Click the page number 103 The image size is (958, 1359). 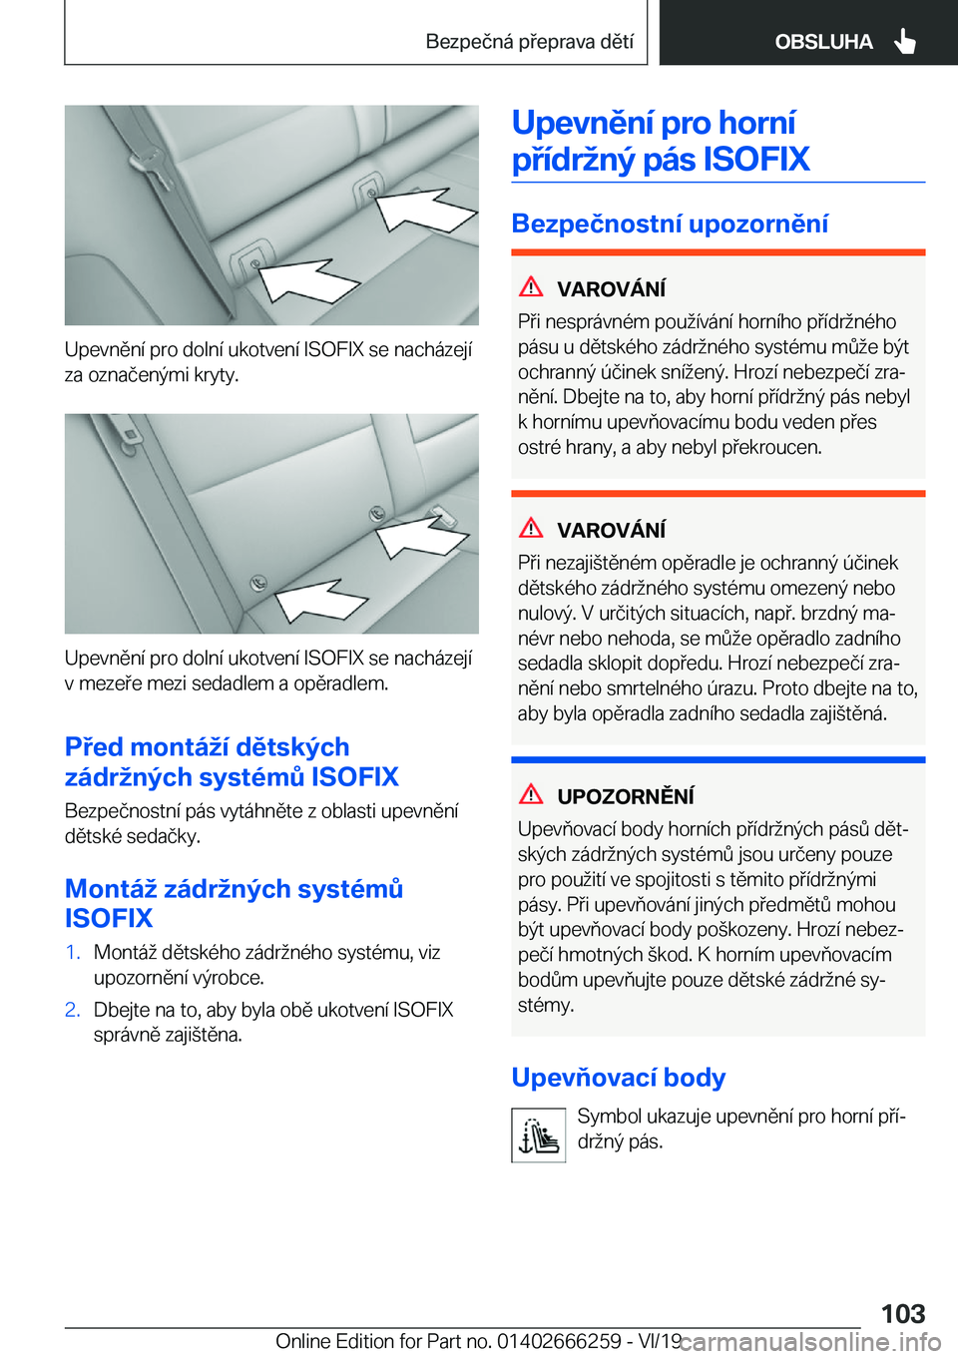pos(903,1313)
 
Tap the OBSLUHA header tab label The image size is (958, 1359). pos(823,42)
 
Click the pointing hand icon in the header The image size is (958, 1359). pos(905,41)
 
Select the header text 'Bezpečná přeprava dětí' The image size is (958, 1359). pos(529,42)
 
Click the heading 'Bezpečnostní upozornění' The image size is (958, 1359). pos(670,224)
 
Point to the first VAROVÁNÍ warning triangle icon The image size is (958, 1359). pos(531,287)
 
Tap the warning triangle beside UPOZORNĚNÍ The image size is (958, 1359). pos(531,794)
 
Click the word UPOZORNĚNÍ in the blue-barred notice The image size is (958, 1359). pos(626,796)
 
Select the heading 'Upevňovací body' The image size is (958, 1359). pos(618,1078)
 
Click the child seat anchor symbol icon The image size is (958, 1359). pos(539,1135)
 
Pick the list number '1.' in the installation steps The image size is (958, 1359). pos(73,952)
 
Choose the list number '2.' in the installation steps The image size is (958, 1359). pos(73,1010)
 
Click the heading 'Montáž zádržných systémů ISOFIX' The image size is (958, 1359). pos(234,903)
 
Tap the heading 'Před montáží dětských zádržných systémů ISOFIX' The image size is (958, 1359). pos(232,761)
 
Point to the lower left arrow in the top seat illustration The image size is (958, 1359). pos(304,279)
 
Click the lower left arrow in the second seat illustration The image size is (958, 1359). pos(319,602)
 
